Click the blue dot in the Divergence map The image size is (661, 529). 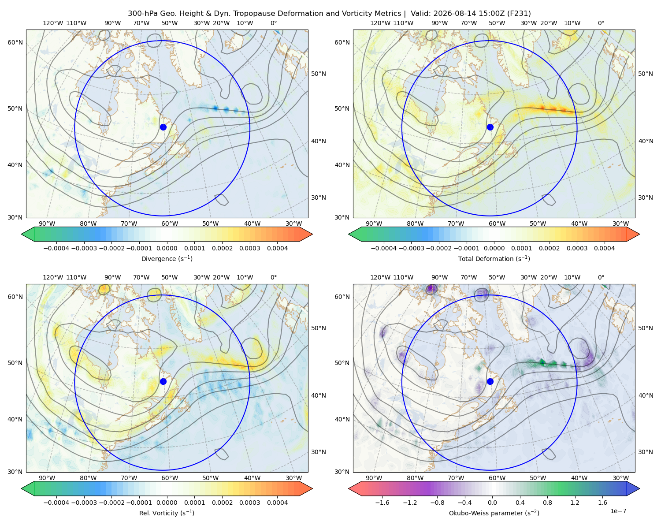point(163,127)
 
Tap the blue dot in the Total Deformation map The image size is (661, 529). point(490,127)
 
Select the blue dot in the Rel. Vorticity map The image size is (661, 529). point(163,381)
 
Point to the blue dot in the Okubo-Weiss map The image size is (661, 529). point(490,381)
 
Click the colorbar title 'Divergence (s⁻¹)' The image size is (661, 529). point(167,258)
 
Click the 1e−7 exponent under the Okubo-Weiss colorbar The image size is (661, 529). point(618,511)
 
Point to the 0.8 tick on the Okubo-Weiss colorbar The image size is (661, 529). point(547,503)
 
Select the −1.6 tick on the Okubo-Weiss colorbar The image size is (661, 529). point(382,503)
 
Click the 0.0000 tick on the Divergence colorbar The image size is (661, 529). point(167,248)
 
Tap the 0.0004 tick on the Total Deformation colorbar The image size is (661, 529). point(605,248)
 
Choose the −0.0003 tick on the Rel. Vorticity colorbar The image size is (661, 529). point(84,503)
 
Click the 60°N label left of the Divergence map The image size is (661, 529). point(15,42)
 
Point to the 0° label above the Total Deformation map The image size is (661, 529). point(601,23)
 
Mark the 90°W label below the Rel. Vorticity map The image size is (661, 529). point(47,478)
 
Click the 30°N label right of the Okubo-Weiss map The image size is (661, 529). point(646,452)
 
